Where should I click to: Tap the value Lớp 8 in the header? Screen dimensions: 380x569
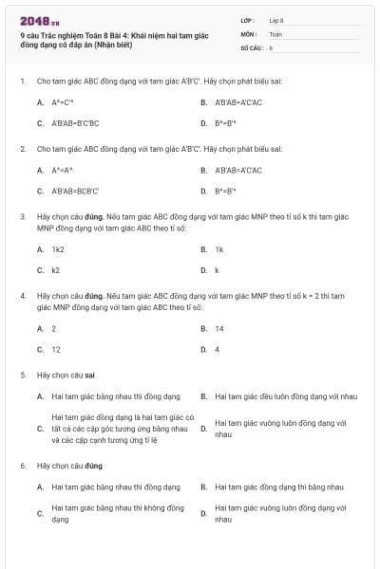click(x=276, y=19)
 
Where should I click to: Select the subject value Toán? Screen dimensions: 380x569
click(x=275, y=32)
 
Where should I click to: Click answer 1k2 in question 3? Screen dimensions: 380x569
click(x=58, y=248)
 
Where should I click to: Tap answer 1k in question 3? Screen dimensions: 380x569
click(x=218, y=248)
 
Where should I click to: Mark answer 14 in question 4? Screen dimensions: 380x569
click(x=219, y=328)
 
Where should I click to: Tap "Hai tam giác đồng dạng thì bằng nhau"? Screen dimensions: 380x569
click(x=276, y=486)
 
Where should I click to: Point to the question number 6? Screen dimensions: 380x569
click(x=22, y=466)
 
